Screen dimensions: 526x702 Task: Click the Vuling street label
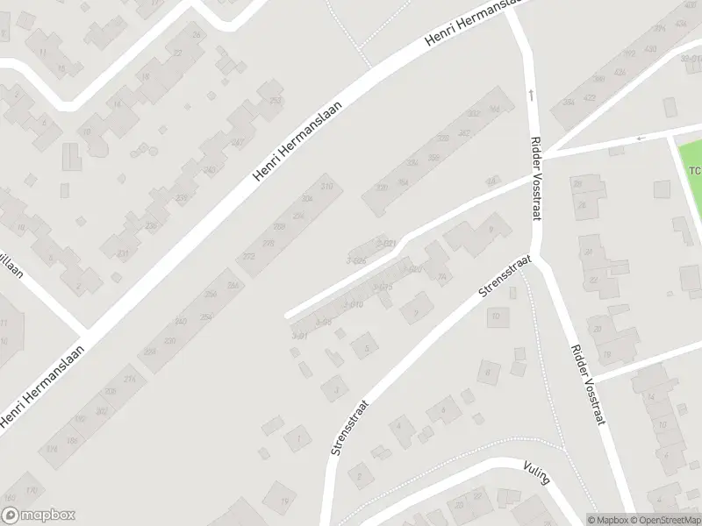pos(534,474)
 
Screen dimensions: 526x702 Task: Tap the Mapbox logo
pos(39,515)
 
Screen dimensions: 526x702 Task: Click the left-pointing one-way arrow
pos(641,138)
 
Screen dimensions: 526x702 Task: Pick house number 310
pos(327,187)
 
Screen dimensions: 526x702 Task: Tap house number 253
pos(276,101)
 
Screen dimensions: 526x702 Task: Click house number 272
pos(249,256)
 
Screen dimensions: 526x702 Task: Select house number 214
pos(130,379)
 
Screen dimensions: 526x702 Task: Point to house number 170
pos(32,489)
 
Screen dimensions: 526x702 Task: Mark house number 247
pos(237,142)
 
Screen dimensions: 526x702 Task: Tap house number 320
pos(381,187)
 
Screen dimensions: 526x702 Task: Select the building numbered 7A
pos(441,278)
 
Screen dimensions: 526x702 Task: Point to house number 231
pos(123,254)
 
